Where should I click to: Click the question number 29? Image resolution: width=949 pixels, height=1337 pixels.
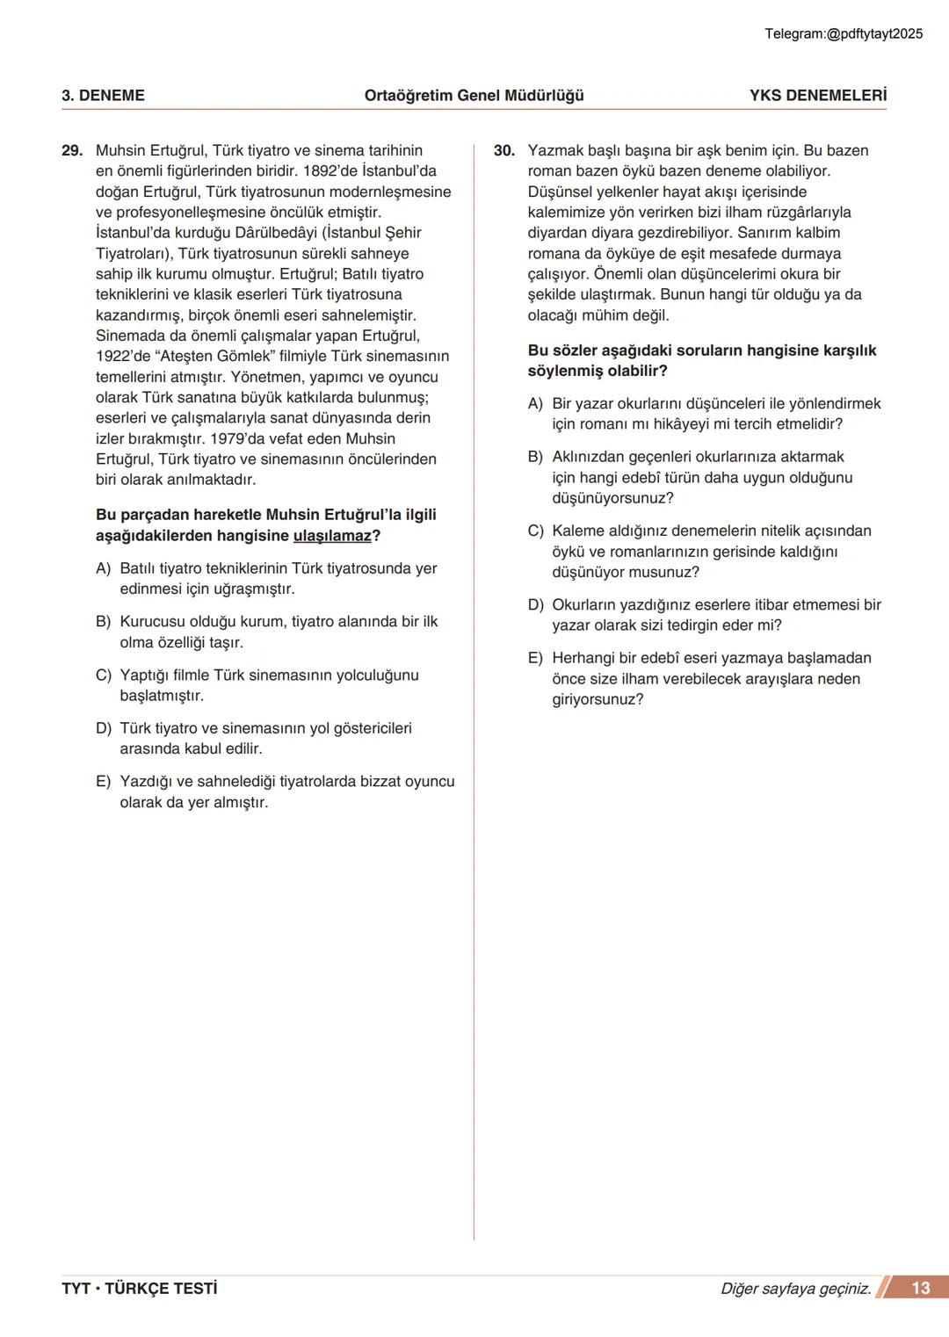click(x=72, y=151)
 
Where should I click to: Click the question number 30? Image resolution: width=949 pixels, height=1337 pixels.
click(x=504, y=151)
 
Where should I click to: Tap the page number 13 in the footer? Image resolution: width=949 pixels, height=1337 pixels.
click(x=920, y=1288)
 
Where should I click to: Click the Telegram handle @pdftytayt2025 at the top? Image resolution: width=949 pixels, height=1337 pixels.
click(x=844, y=33)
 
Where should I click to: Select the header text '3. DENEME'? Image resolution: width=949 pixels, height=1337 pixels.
click(x=103, y=96)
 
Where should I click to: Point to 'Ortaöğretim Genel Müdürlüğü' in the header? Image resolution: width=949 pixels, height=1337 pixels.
click(x=474, y=96)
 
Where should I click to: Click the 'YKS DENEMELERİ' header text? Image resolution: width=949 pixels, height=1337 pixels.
click(x=817, y=96)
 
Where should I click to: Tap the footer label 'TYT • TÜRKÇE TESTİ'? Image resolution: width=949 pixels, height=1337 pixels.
click(x=139, y=1289)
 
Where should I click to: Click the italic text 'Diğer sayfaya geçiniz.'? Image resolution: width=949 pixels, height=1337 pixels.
click(x=795, y=1289)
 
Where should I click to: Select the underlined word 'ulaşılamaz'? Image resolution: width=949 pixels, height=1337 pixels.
click(x=332, y=536)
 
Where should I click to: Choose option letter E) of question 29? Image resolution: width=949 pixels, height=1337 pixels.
click(x=104, y=782)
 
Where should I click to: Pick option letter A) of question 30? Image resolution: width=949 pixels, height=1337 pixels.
click(x=535, y=404)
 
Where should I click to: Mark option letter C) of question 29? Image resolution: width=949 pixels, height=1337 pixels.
click(x=104, y=676)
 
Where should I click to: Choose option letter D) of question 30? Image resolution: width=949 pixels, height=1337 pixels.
click(x=535, y=605)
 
